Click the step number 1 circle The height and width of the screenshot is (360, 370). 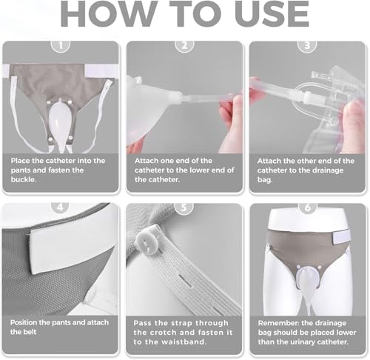pyautogui.click(x=61, y=45)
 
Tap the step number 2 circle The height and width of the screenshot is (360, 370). pyautogui.click(x=184, y=45)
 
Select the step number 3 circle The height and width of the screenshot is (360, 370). pyautogui.click(x=307, y=45)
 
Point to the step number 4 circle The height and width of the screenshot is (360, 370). pyautogui.click(x=61, y=207)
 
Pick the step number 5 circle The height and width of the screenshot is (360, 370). pyautogui.click(x=184, y=207)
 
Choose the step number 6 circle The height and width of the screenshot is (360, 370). pyautogui.click(x=308, y=207)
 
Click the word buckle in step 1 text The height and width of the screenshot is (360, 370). pyautogui.click(x=23, y=179)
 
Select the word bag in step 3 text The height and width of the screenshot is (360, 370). pyautogui.click(x=265, y=180)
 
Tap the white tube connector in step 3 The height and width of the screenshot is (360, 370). pyautogui.click(x=309, y=98)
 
